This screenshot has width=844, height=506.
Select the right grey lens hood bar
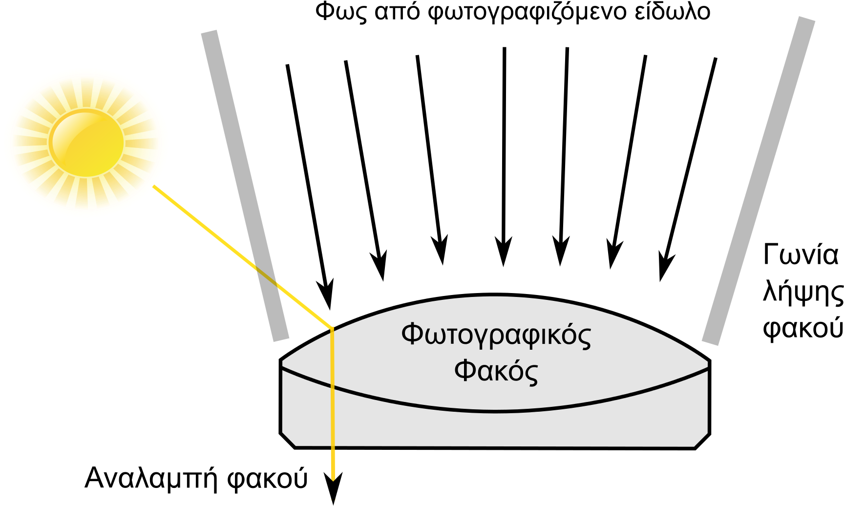[x=759, y=181]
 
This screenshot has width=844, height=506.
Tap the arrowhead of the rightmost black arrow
[x=665, y=267]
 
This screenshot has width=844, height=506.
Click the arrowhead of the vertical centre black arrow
[x=504, y=252]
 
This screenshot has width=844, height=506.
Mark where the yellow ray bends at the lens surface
[x=332, y=328]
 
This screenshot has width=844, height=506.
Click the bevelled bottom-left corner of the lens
[x=287, y=440]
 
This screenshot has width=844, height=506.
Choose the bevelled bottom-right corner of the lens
[x=702, y=441]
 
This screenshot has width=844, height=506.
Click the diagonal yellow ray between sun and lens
[x=243, y=257]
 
